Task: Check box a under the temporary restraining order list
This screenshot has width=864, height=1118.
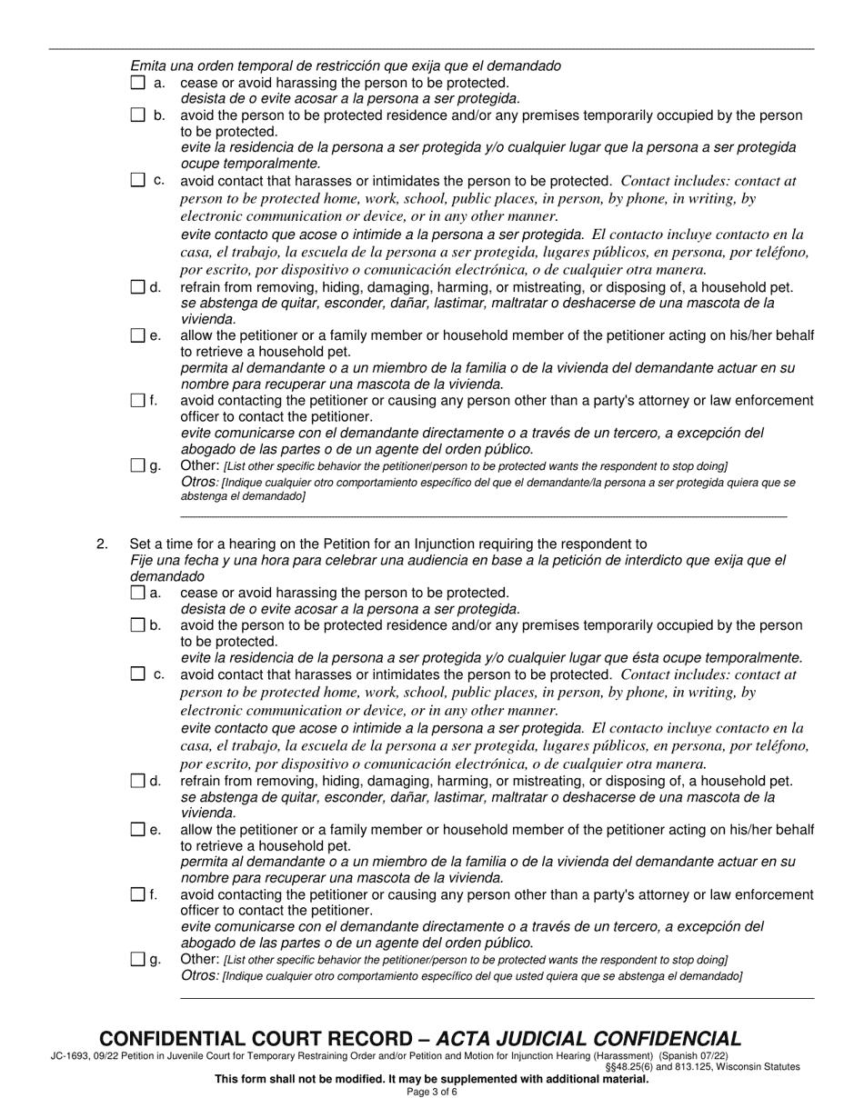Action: click(x=137, y=83)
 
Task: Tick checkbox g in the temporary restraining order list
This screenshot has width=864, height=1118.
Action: click(x=137, y=466)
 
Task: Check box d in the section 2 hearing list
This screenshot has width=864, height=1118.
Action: click(x=137, y=781)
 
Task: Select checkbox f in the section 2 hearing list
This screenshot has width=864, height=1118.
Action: click(x=137, y=894)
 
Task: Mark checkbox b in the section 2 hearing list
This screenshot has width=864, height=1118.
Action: click(x=137, y=625)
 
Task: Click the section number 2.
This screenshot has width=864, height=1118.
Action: click(x=102, y=544)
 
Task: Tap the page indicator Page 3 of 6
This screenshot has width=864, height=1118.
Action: click(x=432, y=1092)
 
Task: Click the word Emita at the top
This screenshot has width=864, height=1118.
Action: click(x=147, y=65)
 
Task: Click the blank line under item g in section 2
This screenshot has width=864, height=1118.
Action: click(x=497, y=998)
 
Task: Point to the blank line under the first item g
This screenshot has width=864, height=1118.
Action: click(x=483, y=516)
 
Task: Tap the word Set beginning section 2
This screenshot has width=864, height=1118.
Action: click(x=141, y=544)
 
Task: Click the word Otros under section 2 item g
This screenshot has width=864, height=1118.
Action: click(x=199, y=975)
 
